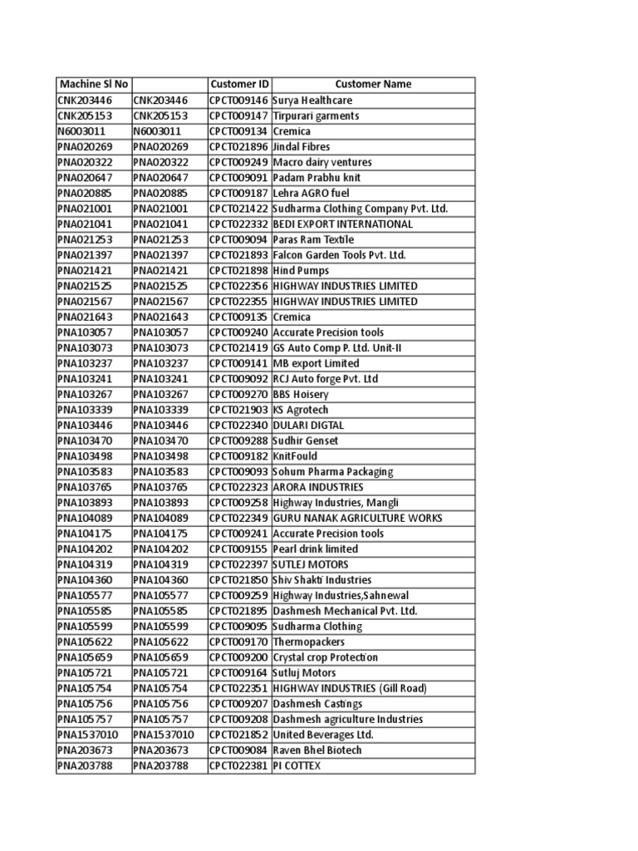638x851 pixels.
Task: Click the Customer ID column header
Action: (x=239, y=84)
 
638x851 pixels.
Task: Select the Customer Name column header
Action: (x=373, y=84)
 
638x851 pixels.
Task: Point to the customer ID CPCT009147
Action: (x=239, y=116)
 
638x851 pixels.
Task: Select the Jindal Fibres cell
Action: (x=302, y=146)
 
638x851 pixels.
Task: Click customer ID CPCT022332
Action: (x=239, y=224)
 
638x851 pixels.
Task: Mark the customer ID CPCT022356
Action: (x=239, y=286)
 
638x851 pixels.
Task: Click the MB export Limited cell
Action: (x=316, y=363)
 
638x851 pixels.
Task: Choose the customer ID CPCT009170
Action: (x=239, y=642)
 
